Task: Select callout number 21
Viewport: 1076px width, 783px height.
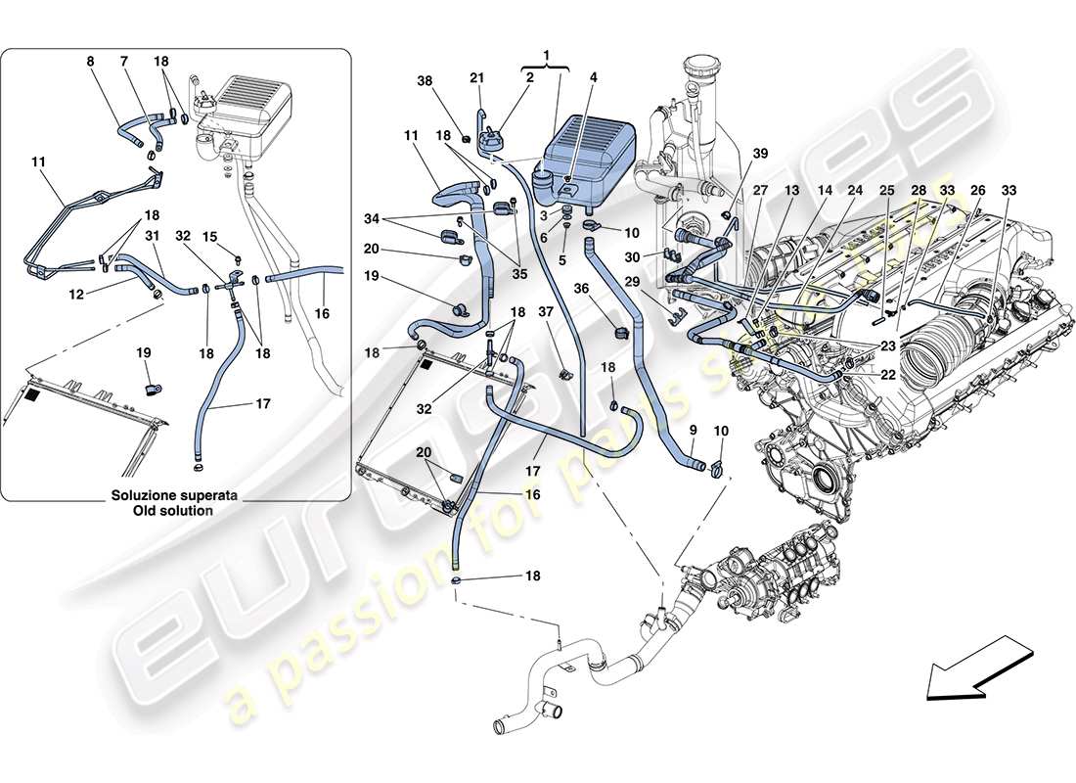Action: [476, 78]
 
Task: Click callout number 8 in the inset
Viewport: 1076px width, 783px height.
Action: [90, 62]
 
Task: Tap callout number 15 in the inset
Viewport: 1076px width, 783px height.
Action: [210, 236]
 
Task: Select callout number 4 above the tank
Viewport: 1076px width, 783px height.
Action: [593, 77]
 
